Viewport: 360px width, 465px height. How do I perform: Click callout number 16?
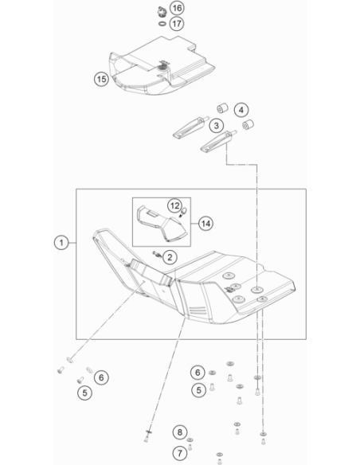click(x=177, y=8)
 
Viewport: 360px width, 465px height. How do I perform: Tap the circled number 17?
click(x=177, y=23)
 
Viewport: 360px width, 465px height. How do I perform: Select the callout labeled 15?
click(x=101, y=79)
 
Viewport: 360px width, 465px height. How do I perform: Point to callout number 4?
click(x=241, y=110)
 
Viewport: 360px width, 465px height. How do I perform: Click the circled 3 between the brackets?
click(x=217, y=126)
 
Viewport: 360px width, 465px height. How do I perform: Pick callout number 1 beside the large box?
click(x=61, y=243)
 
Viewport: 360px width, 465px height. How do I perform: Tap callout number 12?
click(x=174, y=205)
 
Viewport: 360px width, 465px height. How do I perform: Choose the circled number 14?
click(x=205, y=223)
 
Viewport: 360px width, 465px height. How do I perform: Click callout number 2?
click(x=170, y=257)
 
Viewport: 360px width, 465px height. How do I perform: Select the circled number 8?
click(x=180, y=432)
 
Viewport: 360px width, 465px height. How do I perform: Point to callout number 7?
click(x=180, y=453)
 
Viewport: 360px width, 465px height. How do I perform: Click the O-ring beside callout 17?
click(x=162, y=23)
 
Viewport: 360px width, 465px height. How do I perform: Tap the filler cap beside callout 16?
click(x=162, y=12)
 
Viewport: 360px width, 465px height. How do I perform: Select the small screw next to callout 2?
click(x=157, y=254)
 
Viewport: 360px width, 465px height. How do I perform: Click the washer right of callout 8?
click(x=190, y=440)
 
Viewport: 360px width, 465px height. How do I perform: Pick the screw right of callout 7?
click(x=190, y=447)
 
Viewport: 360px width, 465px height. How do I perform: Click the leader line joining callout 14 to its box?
click(x=194, y=223)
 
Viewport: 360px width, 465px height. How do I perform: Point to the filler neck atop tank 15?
click(x=162, y=66)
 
